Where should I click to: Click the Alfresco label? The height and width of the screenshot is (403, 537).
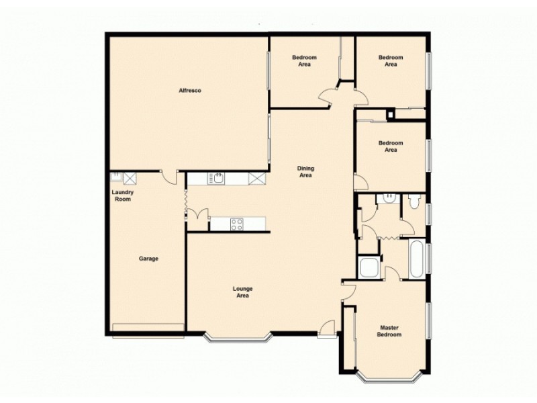coord(190,91)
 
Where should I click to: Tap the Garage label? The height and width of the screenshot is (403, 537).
coord(148,259)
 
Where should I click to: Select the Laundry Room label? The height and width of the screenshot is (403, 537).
coord(122,195)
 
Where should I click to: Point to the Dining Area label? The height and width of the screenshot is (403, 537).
coord(305,172)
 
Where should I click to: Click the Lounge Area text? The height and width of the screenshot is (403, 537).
coord(242,292)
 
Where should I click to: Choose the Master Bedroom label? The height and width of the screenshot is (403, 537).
coord(389,331)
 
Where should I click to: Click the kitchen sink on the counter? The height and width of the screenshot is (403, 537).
coord(218,178)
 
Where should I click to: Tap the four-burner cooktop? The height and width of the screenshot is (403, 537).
coord(236,224)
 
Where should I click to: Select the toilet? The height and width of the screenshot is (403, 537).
coord(413,201)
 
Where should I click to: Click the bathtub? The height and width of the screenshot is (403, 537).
coord(414,259)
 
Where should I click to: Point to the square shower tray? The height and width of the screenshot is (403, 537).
coord(369,267)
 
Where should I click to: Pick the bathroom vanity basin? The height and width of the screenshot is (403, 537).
coord(388,198)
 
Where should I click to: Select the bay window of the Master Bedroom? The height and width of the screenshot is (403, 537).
coord(389,377)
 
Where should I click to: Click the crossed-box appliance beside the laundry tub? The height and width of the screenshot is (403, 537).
coord(130,177)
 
